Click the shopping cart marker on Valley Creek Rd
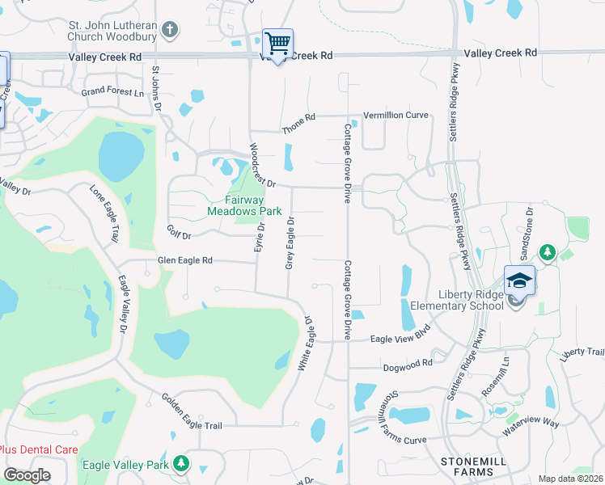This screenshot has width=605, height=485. click(277, 44)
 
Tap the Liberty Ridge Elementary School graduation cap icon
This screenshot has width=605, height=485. click(519, 281)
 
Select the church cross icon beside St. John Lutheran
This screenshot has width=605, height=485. click(169, 31)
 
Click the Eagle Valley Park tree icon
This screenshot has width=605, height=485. click(182, 464)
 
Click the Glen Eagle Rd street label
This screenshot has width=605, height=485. click(185, 260)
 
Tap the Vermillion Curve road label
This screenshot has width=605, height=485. click(396, 115)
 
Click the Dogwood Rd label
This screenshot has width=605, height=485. click(409, 365)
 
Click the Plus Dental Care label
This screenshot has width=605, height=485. click(38, 449)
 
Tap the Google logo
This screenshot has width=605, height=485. click(27, 475)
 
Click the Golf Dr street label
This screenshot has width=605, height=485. click(178, 236)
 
